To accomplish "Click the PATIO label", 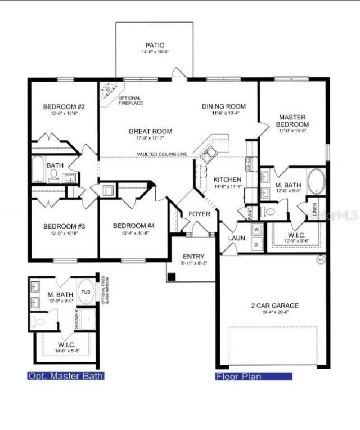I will (155, 45).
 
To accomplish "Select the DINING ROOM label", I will (224, 106).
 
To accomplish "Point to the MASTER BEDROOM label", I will (293, 120).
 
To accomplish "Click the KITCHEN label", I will (227, 180).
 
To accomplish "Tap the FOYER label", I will (199, 214).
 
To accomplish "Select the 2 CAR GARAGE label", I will (274, 306).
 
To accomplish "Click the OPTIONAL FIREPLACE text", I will (130, 100).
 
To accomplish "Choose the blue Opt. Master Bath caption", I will (66, 376).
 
